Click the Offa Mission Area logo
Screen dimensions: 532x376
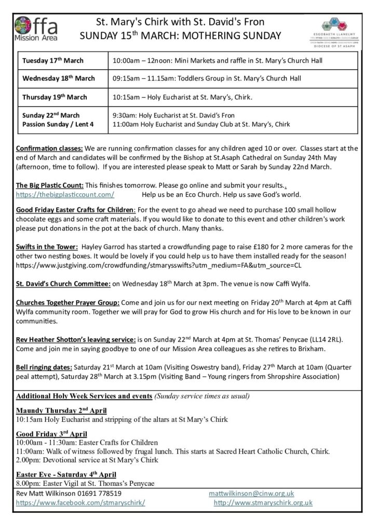(x=37, y=28)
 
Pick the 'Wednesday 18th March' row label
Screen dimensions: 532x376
(x=59, y=78)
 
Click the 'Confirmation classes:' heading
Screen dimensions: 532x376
(x=49, y=147)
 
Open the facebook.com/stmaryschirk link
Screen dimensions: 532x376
(x=80, y=503)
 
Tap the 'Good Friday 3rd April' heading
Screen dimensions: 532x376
(x=52, y=434)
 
